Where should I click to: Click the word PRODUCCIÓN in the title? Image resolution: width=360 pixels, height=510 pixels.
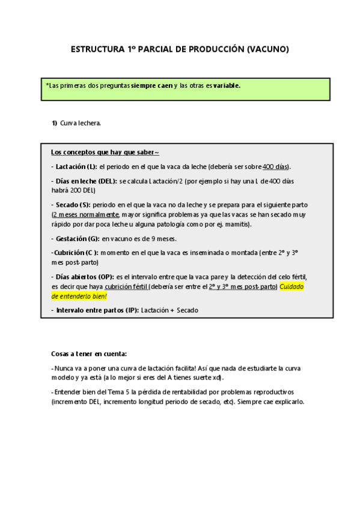coord(212,50)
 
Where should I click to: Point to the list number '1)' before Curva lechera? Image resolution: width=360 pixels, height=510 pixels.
coord(54,123)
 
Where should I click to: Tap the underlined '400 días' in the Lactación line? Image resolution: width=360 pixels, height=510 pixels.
coord(276,167)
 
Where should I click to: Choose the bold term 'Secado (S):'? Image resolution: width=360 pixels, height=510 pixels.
coord(72,204)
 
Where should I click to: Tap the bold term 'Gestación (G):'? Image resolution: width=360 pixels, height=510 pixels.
coord(76,238)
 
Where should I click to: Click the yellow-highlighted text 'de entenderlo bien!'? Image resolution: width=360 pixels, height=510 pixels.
coord(81,296)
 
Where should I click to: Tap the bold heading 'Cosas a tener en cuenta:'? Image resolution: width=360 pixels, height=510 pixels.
coord(89,354)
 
